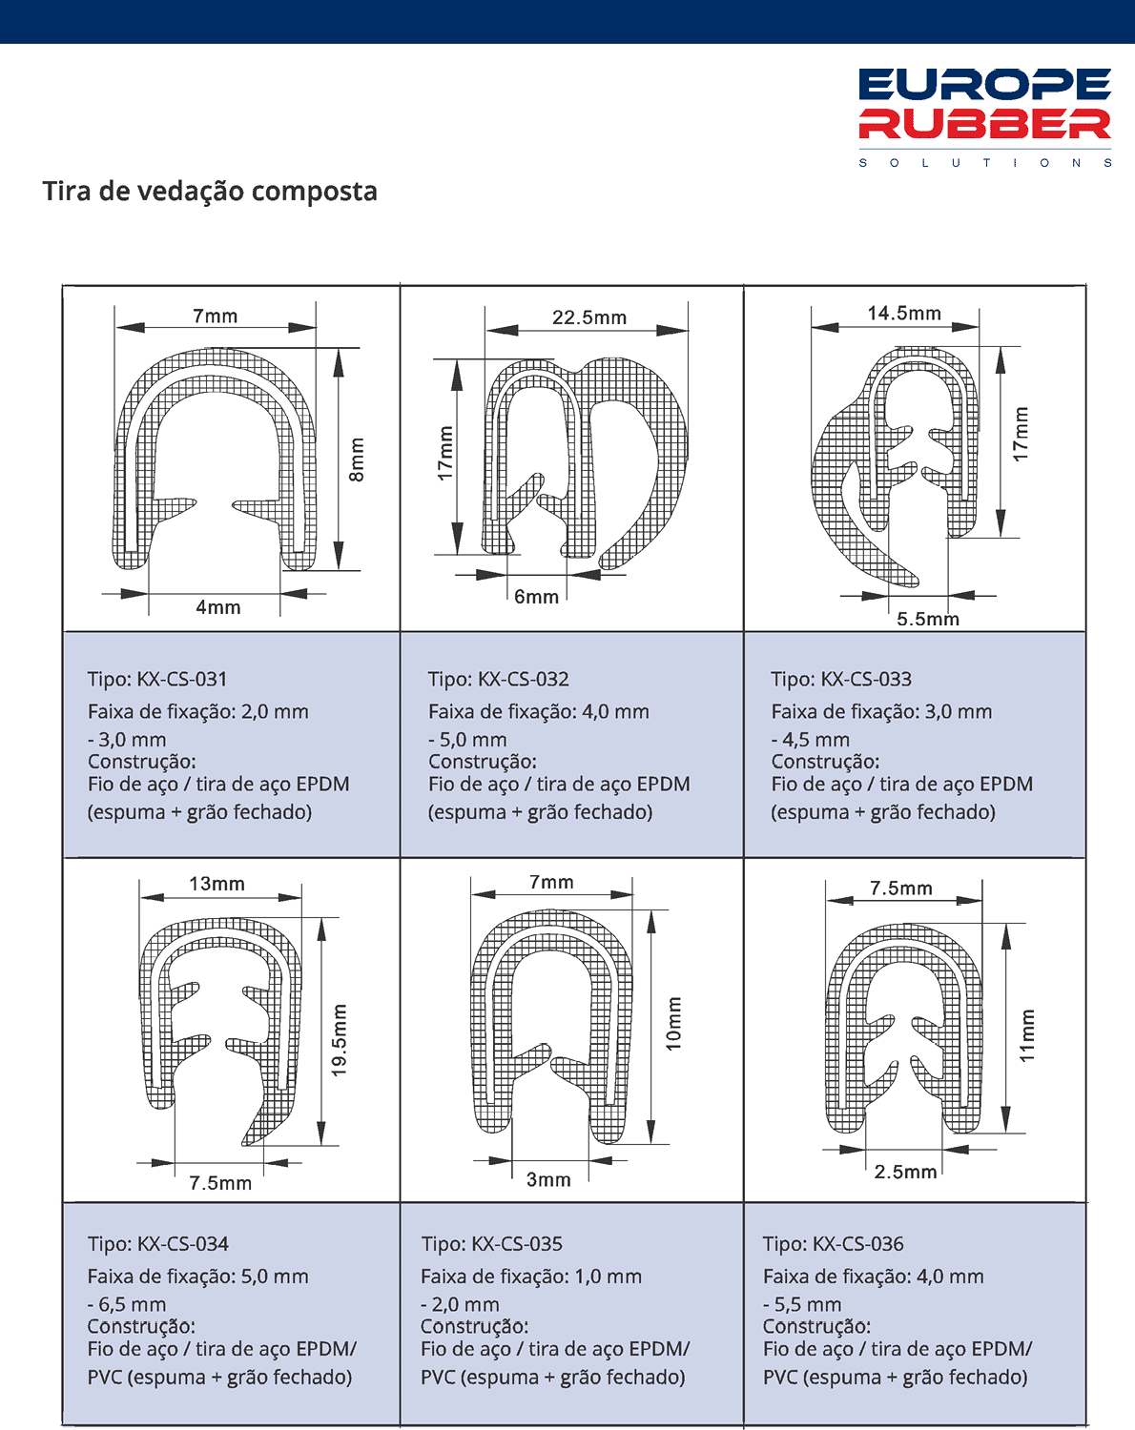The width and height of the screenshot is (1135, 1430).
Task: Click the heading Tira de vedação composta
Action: (x=210, y=192)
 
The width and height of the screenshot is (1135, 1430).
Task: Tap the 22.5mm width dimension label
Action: (x=589, y=318)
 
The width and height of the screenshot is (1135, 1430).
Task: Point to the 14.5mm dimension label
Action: (x=904, y=314)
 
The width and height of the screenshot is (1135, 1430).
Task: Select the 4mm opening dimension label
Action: (x=218, y=608)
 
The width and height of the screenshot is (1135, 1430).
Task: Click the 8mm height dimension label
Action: (x=357, y=460)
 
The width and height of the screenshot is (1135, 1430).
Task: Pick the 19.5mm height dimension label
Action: (x=340, y=1040)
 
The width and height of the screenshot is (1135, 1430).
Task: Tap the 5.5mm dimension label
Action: (x=927, y=620)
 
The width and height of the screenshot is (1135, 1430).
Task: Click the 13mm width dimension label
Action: (x=217, y=885)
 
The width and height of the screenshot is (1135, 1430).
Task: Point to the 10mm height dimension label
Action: (x=674, y=1024)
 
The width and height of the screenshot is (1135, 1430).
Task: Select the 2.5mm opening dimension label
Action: (x=905, y=1172)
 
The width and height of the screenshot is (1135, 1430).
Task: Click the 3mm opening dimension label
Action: (x=548, y=1180)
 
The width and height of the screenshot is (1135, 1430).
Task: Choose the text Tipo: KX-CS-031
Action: (x=157, y=680)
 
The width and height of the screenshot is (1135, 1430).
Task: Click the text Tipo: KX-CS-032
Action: (x=498, y=680)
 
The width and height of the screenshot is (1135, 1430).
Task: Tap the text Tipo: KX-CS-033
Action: (x=841, y=680)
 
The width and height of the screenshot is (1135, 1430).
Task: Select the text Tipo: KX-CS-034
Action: (x=158, y=1244)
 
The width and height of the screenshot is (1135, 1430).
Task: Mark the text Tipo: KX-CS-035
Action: (x=492, y=1244)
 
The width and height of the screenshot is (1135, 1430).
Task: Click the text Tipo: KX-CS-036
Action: (x=834, y=1244)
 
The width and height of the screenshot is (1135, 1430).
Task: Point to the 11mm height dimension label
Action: (x=1027, y=1035)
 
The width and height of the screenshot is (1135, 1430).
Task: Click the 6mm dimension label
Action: (x=536, y=598)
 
